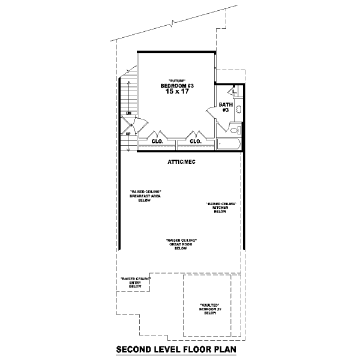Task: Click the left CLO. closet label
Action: (158, 142)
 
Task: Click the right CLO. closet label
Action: (195, 142)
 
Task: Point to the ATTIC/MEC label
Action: (182, 162)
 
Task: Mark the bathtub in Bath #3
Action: (228, 144)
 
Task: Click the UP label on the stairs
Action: (128, 133)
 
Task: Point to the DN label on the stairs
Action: (128, 113)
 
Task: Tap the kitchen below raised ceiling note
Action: (220, 208)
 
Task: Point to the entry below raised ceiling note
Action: (135, 283)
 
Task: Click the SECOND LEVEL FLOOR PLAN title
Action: (176, 348)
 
